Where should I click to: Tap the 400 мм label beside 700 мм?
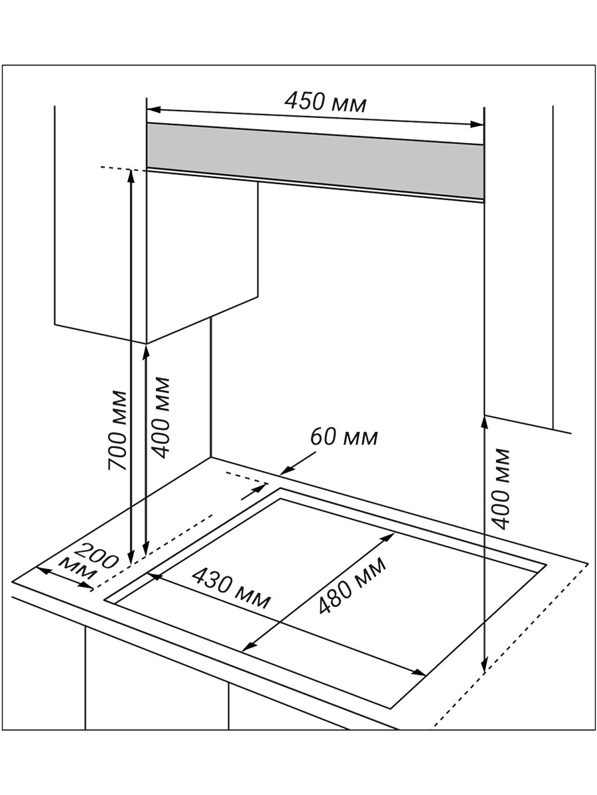point(160,417)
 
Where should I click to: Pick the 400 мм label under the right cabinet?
point(503,488)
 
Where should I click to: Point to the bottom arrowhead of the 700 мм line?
point(131,555)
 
